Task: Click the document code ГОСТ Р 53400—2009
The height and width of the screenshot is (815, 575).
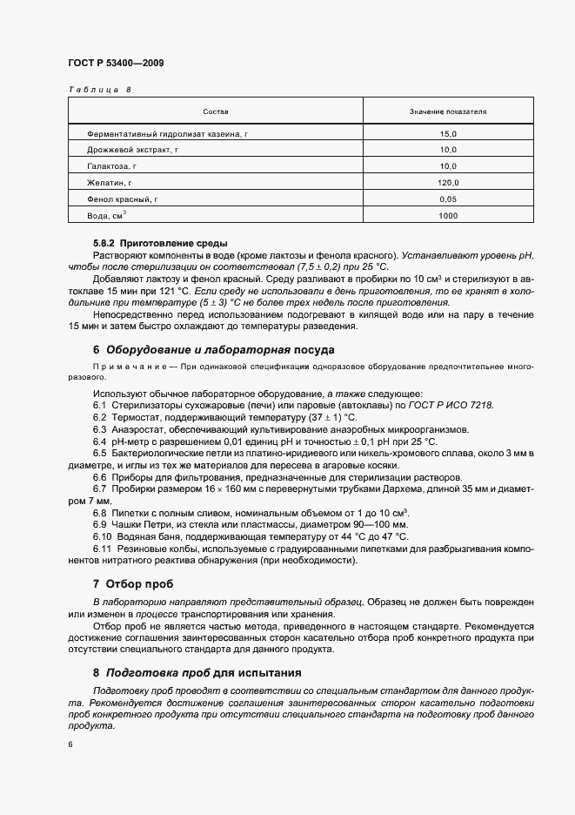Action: pyautogui.click(x=116, y=63)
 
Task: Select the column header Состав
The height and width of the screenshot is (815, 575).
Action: pyautogui.click(x=215, y=112)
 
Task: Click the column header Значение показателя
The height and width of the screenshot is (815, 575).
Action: pyautogui.click(x=448, y=112)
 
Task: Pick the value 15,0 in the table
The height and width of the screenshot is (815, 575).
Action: pyautogui.click(x=448, y=134)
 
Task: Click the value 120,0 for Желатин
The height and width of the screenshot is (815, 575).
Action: pyautogui.click(x=448, y=183)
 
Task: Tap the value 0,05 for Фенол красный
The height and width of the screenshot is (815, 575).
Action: pyautogui.click(x=448, y=199)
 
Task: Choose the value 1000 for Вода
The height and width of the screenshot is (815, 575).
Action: pyautogui.click(x=448, y=215)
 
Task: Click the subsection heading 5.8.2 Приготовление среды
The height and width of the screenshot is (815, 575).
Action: pyautogui.click(x=161, y=243)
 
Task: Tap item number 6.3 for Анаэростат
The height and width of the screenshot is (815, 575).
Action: pyautogui.click(x=99, y=430)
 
